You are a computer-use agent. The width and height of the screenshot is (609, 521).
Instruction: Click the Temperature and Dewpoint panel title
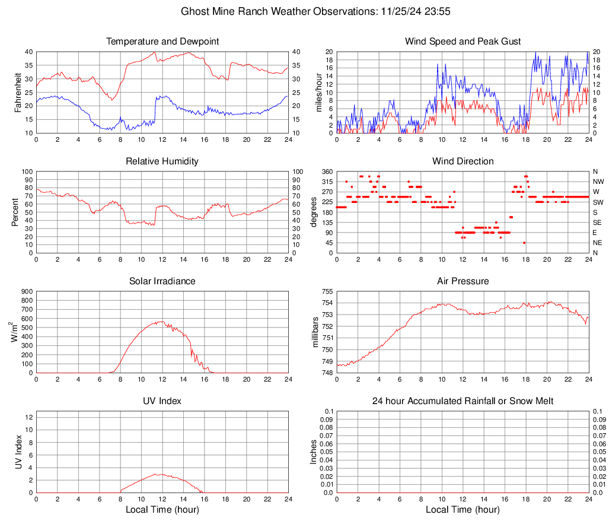point(162,42)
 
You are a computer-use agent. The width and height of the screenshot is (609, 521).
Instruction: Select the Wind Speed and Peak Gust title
point(463,42)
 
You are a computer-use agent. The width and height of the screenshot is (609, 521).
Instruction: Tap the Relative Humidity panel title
point(162,161)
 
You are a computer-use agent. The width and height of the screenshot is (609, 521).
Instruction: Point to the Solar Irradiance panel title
point(162,281)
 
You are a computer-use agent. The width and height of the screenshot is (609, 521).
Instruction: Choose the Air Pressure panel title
point(463,281)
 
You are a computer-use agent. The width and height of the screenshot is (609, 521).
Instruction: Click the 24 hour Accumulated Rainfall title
point(463,401)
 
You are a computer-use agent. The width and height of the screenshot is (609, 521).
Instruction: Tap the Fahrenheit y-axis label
point(17,92)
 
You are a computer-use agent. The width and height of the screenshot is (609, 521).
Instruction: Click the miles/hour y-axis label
point(318,92)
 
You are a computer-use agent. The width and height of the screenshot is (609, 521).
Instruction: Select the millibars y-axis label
point(315,332)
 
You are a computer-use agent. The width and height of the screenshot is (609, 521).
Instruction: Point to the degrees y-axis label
point(314,212)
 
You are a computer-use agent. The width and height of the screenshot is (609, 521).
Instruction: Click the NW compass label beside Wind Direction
point(599,182)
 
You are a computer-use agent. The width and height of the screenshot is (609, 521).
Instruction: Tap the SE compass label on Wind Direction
point(598,223)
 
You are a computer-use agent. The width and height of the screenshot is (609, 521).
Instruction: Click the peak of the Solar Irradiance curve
point(161,322)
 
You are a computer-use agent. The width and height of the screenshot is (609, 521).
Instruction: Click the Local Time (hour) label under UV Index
point(162,510)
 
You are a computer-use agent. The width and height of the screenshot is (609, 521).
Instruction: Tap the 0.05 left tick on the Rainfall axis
point(325,452)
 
